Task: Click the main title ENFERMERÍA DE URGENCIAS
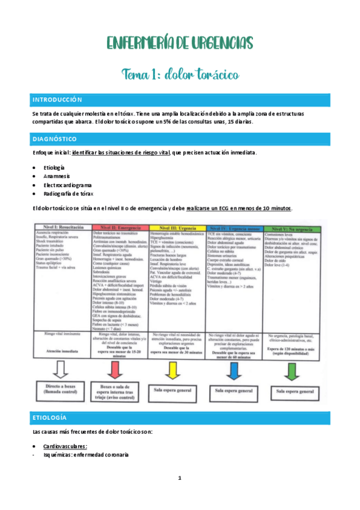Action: pos(180,43)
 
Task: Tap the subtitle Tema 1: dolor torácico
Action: pos(180,74)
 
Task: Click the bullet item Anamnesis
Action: pos(56,177)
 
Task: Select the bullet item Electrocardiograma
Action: pos(67,186)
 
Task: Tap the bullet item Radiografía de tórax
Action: pos(68,194)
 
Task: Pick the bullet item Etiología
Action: pos(54,168)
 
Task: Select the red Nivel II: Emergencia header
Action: pos(120,227)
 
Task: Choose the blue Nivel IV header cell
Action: pos(234,227)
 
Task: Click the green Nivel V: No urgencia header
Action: pos(292,227)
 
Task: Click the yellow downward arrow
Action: pos(177,368)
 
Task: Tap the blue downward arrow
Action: pos(234,368)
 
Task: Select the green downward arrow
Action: pos(292,368)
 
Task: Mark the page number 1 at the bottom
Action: pos(179,479)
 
